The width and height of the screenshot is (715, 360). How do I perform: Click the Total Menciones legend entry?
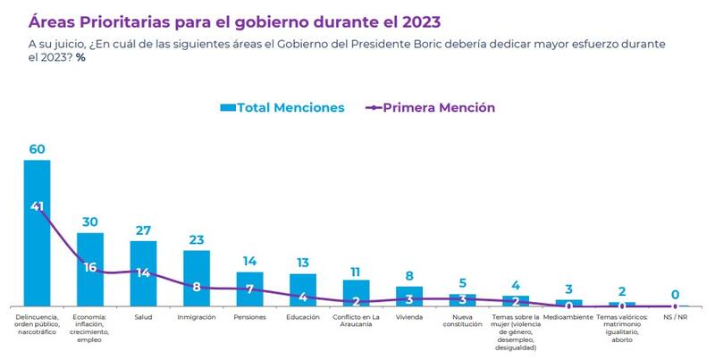[x=282, y=107]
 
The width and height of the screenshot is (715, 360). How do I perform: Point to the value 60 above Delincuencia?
[x=37, y=149]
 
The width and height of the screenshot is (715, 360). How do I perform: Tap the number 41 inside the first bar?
[x=37, y=206]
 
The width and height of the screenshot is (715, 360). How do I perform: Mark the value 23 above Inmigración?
[x=197, y=239]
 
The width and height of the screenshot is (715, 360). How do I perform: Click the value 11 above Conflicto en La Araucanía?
[x=356, y=271]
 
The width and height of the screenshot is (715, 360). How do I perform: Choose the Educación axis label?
[x=303, y=317]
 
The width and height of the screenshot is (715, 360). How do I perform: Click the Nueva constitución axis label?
[x=463, y=321]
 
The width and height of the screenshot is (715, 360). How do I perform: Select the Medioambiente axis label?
[x=569, y=317]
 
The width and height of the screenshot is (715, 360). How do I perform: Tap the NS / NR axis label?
[x=675, y=317]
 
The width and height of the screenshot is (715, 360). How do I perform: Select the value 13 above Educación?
[x=303, y=264]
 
